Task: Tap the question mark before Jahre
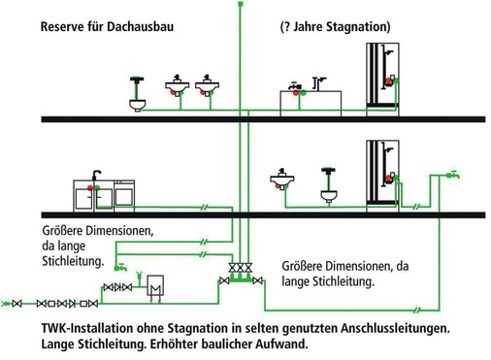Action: pyautogui.click(x=283, y=25)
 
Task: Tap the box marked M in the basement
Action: pyautogui.click(x=154, y=288)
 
